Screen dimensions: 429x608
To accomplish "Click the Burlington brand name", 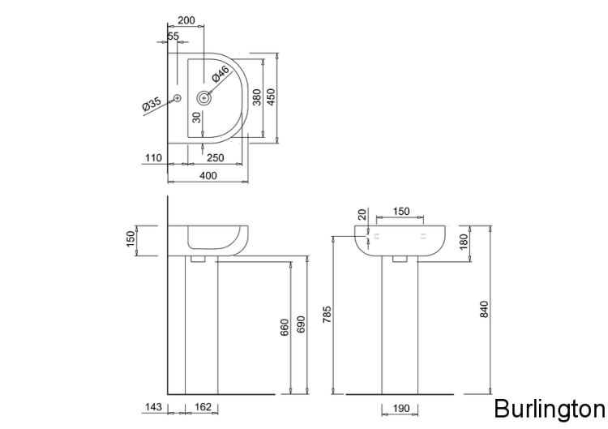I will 549,407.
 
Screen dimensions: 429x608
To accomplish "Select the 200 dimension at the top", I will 186,19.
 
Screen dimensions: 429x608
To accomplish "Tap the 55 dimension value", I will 174,36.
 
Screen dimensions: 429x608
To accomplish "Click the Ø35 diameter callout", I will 152,104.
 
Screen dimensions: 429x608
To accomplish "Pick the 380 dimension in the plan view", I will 257,98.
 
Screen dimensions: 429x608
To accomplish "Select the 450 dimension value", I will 272,97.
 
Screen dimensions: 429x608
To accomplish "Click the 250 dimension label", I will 215,158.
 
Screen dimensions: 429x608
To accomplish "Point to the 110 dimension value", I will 153,158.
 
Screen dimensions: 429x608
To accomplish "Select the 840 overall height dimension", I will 485,309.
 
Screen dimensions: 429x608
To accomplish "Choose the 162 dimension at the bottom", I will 203,407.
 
